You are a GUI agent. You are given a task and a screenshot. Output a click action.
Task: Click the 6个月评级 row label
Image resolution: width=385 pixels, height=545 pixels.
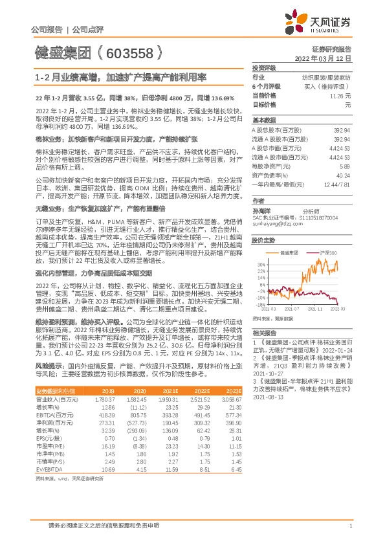point(266,85)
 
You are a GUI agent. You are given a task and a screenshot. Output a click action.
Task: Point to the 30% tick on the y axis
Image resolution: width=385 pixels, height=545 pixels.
point(259,265)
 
